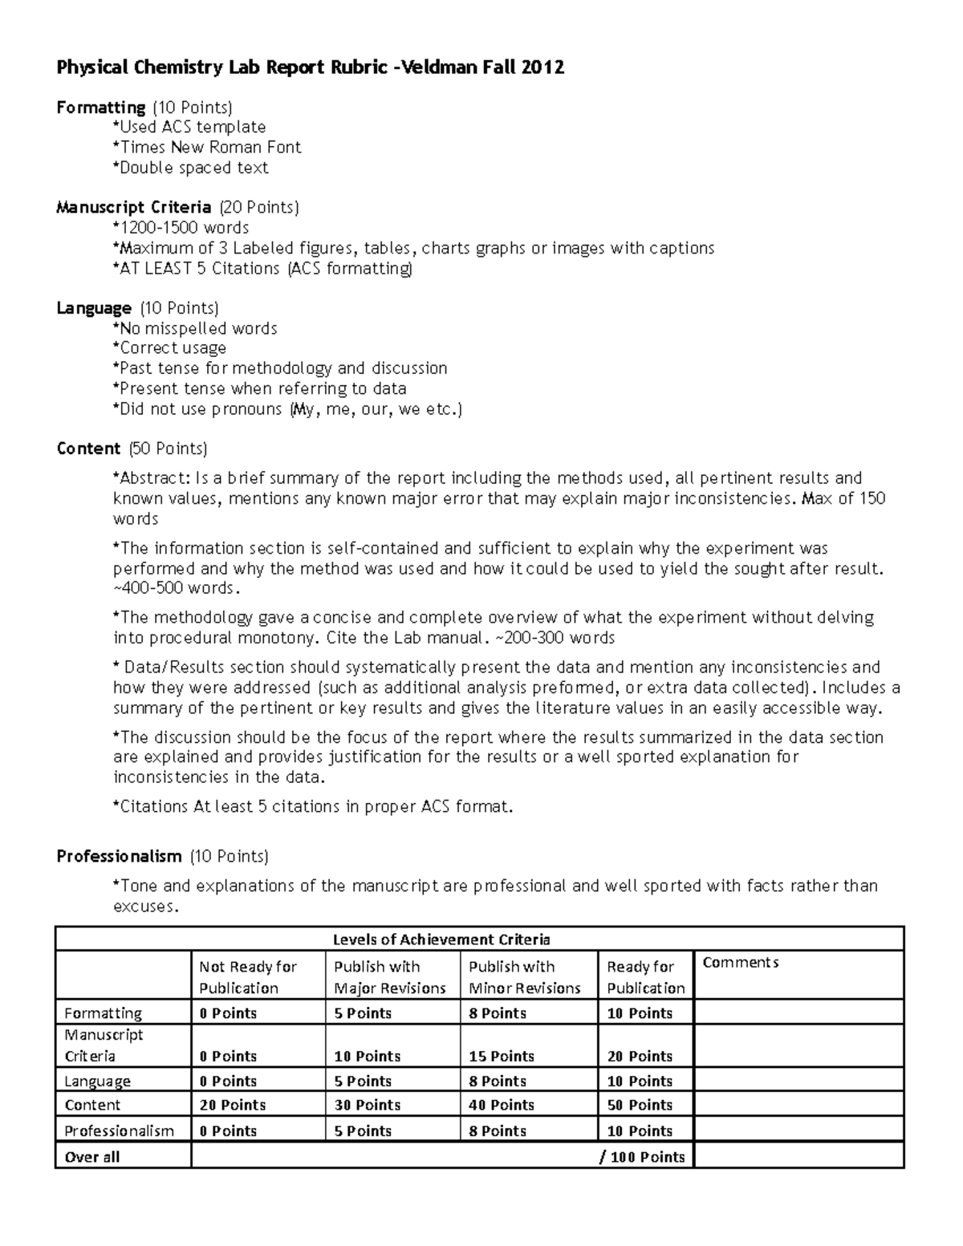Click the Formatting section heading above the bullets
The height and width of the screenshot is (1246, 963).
click(100, 108)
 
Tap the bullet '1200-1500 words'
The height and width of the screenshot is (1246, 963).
click(181, 228)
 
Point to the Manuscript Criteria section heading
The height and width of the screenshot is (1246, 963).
click(133, 208)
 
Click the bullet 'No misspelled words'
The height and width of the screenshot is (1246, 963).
click(195, 328)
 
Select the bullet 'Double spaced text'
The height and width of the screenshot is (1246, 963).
click(191, 168)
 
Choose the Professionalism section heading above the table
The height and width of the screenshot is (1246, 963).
click(119, 857)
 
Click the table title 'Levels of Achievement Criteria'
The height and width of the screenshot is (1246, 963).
click(441, 940)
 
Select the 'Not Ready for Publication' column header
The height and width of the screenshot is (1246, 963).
click(247, 977)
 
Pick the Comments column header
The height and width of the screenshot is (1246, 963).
click(740, 963)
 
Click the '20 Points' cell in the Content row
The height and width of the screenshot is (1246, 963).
click(232, 1106)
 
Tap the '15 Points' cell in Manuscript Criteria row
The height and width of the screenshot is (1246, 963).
click(502, 1057)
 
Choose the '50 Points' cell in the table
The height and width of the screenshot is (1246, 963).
click(640, 1106)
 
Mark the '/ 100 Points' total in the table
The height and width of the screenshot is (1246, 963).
click(642, 1157)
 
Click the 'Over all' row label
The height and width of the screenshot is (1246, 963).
click(92, 1157)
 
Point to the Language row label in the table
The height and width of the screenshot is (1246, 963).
click(97, 1082)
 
